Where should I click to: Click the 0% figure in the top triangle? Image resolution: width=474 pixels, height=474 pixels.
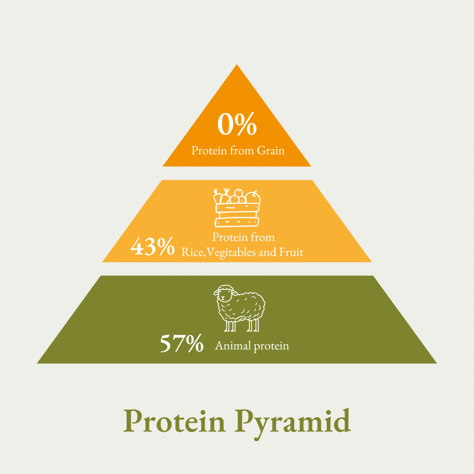point(237,124)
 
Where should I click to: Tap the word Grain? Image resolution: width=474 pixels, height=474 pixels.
point(271,151)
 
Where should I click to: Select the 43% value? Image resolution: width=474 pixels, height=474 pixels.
point(153,246)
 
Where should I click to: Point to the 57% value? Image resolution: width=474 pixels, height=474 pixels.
point(182,343)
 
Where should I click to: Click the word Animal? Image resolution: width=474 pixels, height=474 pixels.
point(233,346)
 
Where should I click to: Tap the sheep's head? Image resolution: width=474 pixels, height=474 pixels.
point(225,294)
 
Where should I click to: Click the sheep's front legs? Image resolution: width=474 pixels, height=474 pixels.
point(230,326)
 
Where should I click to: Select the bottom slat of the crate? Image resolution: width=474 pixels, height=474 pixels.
point(237,222)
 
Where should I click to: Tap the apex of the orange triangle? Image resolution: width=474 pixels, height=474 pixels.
point(237,65)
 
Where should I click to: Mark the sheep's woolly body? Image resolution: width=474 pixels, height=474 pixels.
point(244,307)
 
